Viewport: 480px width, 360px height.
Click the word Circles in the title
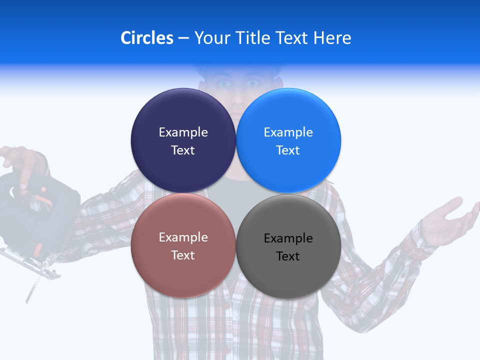tap(147, 38)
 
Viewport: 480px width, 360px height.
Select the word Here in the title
tap(332, 38)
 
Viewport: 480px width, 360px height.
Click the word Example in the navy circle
tap(183, 132)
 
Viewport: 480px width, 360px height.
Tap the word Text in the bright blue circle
tap(288, 150)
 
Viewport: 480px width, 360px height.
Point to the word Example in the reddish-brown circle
tap(183, 237)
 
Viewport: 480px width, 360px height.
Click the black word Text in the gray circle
tap(288, 256)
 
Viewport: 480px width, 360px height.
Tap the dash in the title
tap(183, 38)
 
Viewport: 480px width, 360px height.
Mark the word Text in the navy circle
tap(183, 150)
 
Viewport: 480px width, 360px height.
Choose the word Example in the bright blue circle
tap(288, 132)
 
